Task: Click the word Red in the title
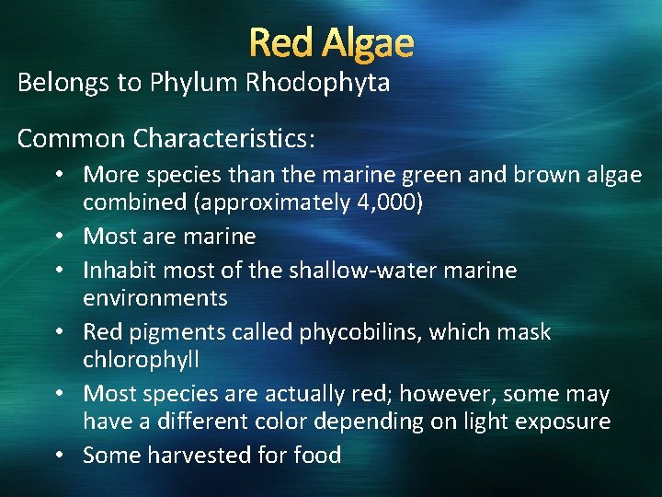[x=279, y=42]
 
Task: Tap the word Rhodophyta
[x=317, y=83]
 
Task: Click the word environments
[x=155, y=298]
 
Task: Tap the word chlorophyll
[x=141, y=360]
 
